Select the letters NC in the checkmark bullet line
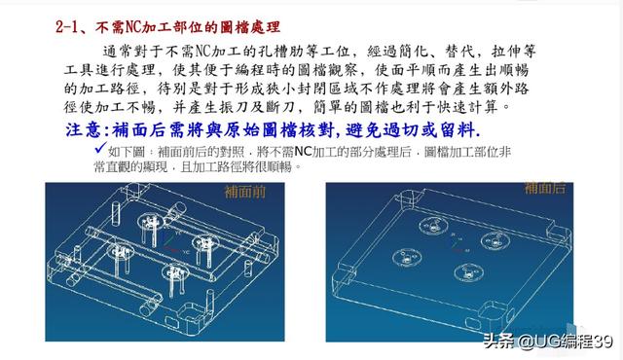tap(306, 152)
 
